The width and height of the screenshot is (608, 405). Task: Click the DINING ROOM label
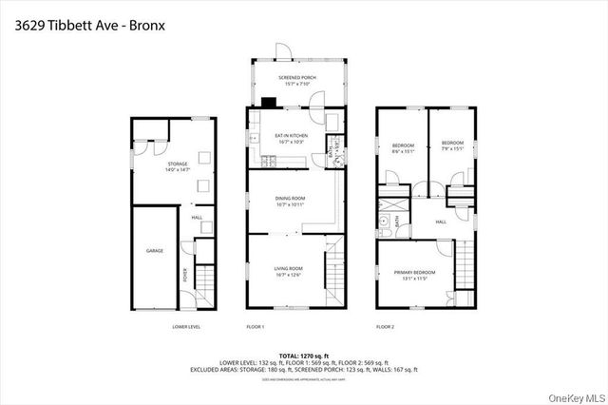click(x=292, y=202)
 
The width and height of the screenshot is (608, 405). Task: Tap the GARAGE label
click(x=155, y=251)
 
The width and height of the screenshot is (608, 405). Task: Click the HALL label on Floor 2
click(x=441, y=222)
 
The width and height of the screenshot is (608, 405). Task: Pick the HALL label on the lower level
click(x=197, y=218)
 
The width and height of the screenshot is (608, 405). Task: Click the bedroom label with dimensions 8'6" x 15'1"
click(x=403, y=147)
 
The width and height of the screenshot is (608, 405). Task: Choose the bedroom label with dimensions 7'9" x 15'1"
click(x=451, y=147)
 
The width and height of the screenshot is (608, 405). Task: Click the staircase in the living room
click(x=332, y=280)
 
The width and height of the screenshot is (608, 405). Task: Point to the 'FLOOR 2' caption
click(x=385, y=326)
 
